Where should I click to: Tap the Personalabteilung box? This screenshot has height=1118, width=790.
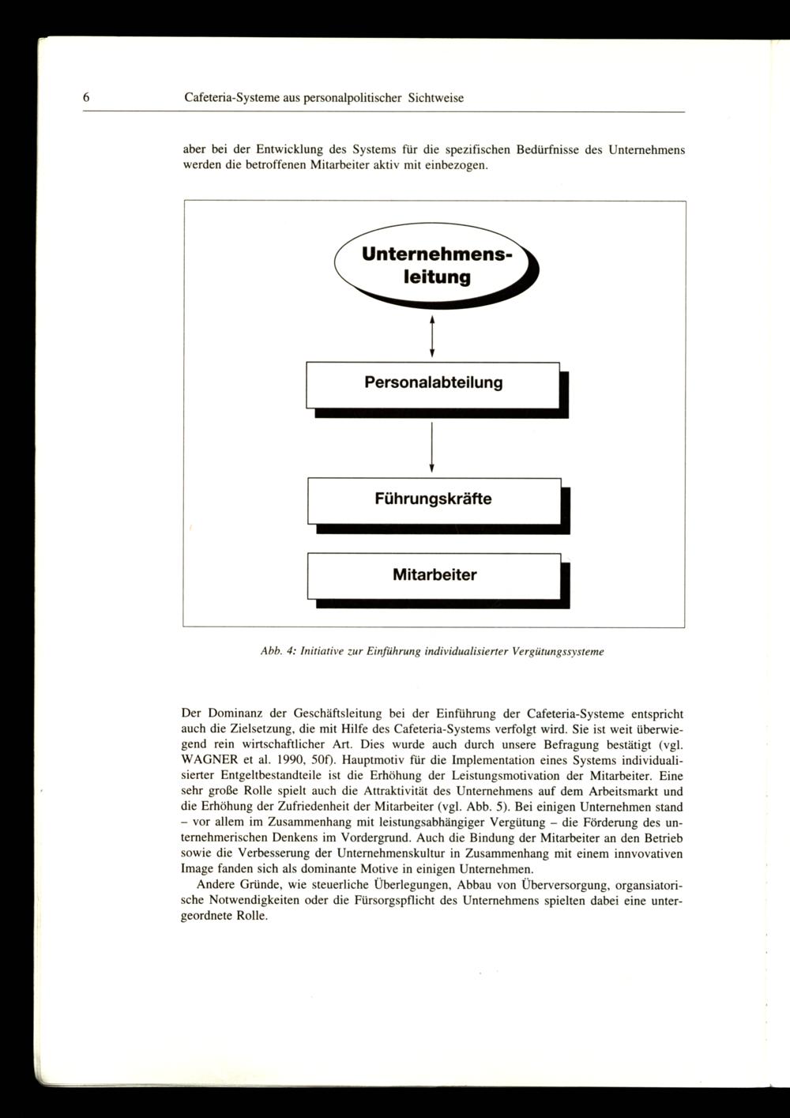[x=433, y=384]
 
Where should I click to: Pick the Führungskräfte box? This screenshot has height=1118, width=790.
[x=433, y=500]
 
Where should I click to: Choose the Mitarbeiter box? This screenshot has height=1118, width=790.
[x=434, y=575]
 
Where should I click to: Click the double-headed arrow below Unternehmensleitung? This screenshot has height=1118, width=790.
[x=432, y=336]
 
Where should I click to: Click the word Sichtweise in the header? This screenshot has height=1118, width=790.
[x=436, y=98]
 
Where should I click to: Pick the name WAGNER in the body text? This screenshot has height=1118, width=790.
[x=210, y=760]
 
